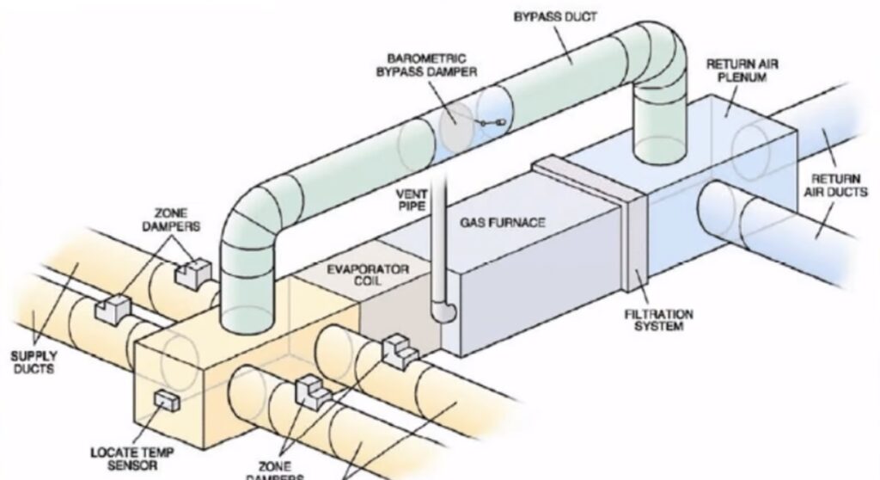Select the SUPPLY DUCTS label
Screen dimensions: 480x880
coord(33,362)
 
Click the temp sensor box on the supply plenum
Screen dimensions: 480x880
coord(164,401)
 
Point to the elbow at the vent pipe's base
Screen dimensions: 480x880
coord(443,311)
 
